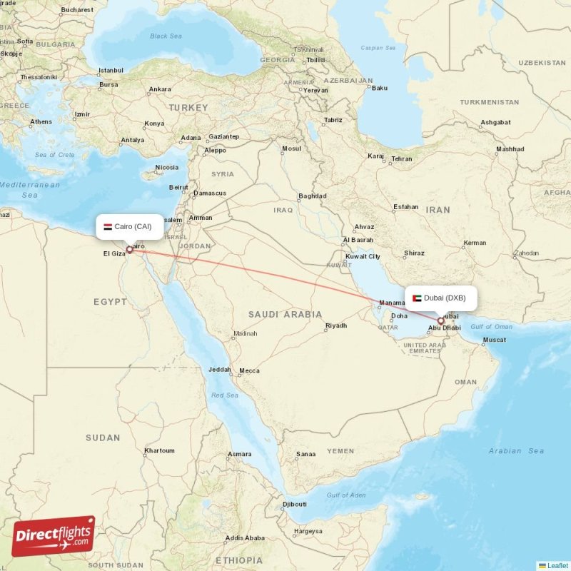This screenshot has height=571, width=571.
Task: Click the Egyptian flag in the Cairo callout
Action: tap(108, 226)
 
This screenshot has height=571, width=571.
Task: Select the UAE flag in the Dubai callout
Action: tap(417, 298)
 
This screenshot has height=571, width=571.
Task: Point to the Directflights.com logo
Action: tap(53, 536)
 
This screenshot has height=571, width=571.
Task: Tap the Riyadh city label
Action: tap(335, 325)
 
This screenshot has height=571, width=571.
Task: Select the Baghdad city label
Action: tap(312, 196)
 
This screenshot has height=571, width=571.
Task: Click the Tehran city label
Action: tap(401, 158)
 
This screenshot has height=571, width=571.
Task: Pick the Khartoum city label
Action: tap(159, 450)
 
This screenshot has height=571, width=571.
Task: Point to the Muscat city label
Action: tap(494, 339)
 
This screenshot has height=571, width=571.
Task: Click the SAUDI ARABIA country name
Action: tap(285, 314)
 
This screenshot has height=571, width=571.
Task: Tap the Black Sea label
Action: tap(166, 36)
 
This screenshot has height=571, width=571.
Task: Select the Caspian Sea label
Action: tap(379, 49)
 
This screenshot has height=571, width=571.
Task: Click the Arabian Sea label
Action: tap(516, 450)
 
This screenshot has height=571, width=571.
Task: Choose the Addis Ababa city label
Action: tap(245, 537)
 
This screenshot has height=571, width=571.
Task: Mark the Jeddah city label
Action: tap(219, 370)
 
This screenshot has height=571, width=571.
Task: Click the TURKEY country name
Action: tap(188, 108)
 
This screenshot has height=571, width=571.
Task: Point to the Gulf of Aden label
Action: tap(346, 495)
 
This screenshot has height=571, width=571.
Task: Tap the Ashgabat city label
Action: tap(495, 122)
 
